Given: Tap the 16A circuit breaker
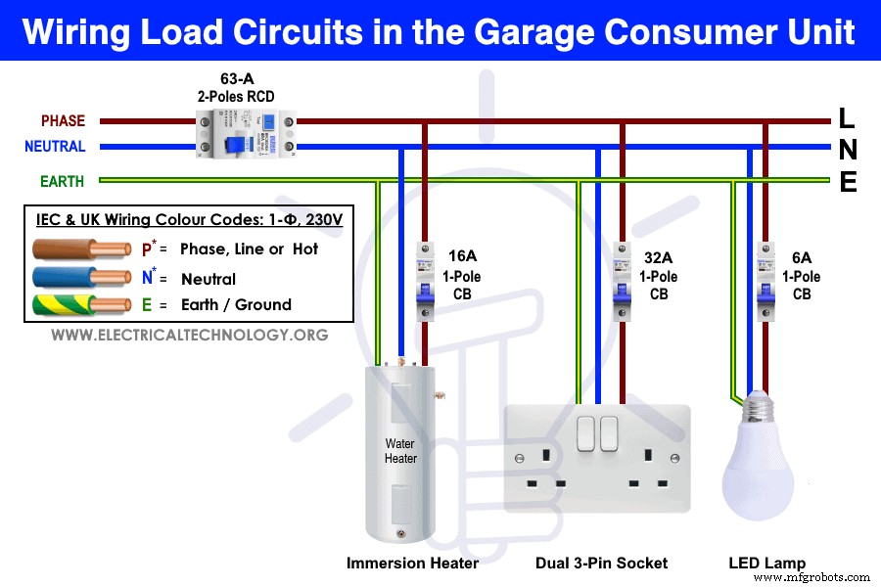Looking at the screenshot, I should (x=423, y=284).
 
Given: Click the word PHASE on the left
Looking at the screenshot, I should (x=63, y=121).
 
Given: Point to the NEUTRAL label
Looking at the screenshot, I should (x=56, y=147).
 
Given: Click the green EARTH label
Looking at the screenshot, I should (x=62, y=182).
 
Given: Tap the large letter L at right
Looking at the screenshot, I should (x=847, y=119).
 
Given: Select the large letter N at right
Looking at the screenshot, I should (x=848, y=150).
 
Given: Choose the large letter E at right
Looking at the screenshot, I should (x=848, y=182).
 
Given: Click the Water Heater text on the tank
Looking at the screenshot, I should (x=399, y=451).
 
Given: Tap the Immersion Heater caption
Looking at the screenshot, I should (x=412, y=563).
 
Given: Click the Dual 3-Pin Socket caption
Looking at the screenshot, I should (x=601, y=563).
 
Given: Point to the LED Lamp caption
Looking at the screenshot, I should (x=767, y=563).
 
